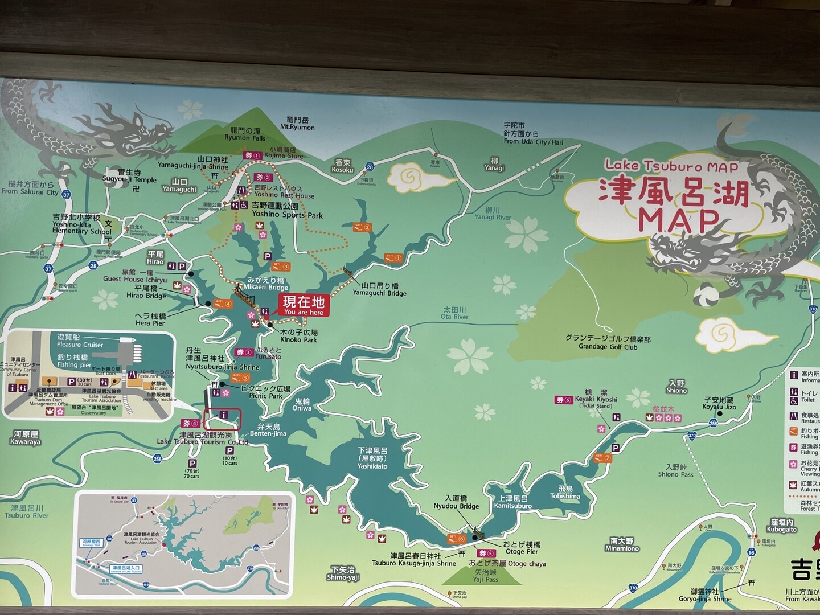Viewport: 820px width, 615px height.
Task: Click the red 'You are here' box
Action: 303,306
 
